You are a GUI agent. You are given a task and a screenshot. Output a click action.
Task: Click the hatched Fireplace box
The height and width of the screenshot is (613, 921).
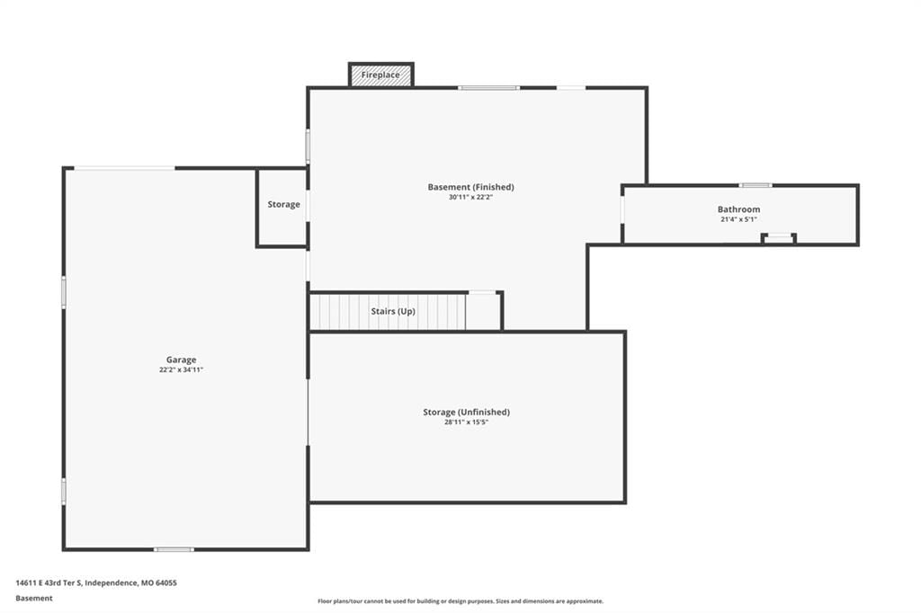pyautogui.click(x=381, y=76)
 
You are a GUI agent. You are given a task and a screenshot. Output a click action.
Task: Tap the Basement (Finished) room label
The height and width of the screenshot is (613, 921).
pyautogui.click(x=470, y=187)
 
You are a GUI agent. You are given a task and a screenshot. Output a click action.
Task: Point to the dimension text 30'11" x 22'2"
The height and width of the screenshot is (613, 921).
pyautogui.click(x=470, y=197)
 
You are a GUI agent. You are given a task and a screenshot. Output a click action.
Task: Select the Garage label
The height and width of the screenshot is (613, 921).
pyautogui.click(x=181, y=360)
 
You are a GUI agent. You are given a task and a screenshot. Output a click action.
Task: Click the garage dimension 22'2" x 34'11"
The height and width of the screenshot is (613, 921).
pyautogui.click(x=181, y=370)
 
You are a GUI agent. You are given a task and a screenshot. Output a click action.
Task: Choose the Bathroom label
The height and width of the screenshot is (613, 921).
pyautogui.click(x=739, y=209)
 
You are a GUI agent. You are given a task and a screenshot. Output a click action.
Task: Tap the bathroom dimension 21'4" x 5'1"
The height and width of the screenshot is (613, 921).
pyautogui.click(x=739, y=219)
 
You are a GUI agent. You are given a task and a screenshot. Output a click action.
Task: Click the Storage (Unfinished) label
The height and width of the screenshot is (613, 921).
pyautogui.click(x=467, y=412)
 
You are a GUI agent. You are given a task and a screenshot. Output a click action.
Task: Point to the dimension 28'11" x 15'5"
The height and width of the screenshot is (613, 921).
pyautogui.click(x=467, y=422)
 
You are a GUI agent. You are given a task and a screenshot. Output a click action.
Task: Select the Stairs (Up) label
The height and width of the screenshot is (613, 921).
pyautogui.click(x=393, y=311)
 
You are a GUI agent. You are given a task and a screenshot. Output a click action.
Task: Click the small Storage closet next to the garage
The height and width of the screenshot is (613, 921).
pyautogui.click(x=282, y=208)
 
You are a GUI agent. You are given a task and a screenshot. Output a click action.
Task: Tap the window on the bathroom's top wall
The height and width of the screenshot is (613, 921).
pyautogui.click(x=756, y=185)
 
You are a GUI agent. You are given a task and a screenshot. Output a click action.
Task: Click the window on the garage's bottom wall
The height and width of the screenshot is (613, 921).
pyautogui.click(x=174, y=549)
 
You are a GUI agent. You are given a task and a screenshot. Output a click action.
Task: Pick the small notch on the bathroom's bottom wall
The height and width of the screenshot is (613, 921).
pyautogui.click(x=779, y=238)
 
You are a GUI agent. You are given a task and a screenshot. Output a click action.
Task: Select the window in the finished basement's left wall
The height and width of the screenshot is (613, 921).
pyautogui.click(x=308, y=146)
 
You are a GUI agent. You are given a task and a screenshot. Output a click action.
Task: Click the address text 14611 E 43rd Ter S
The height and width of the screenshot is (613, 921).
pyautogui.click(x=49, y=583)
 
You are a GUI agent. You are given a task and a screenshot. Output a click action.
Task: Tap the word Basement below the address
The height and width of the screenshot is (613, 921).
pyautogui.click(x=34, y=599)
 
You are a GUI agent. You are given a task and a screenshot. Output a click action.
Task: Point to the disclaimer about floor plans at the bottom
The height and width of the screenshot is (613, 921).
pyautogui.click(x=460, y=601)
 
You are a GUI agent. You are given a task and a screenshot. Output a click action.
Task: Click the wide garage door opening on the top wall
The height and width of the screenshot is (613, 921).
pyautogui.click(x=124, y=168)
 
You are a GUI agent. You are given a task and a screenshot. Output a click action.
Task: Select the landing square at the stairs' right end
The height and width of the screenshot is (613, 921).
pyautogui.click(x=483, y=312)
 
